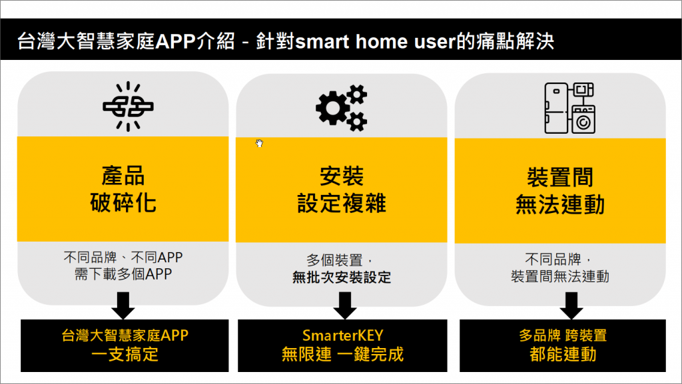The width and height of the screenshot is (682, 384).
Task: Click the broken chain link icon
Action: [x=128, y=106]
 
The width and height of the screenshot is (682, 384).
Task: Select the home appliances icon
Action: [x=570, y=108]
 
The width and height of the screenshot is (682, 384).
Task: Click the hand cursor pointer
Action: [x=259, y=143]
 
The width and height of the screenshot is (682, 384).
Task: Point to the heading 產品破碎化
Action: [x=123, y=190]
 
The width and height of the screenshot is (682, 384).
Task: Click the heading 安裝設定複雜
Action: [x=342, y=190]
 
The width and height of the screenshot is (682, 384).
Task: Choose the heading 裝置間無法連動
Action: [x=560, y=191]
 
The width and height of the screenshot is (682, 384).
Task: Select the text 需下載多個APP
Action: [x=123, y=274]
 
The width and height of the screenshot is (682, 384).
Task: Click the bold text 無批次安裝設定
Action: [x=342, y=277]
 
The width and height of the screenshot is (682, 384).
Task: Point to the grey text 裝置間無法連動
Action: [x=560, y=276]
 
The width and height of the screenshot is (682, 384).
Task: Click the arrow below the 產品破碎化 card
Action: [x=123, y=306]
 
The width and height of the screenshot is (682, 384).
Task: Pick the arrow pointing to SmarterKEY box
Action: [x=345, y=306]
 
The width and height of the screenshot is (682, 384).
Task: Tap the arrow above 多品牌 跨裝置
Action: [x=571, y=306]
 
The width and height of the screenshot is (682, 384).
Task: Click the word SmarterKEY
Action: [x=343, y=335]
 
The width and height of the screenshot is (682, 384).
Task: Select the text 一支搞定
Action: [x=125, y=355]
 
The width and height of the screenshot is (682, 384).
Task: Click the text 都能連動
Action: [x=563, y=355]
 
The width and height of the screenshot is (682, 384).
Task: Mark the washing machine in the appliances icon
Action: [x=583, y=119]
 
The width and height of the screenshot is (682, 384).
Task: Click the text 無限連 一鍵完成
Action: [x=343, y=355]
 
